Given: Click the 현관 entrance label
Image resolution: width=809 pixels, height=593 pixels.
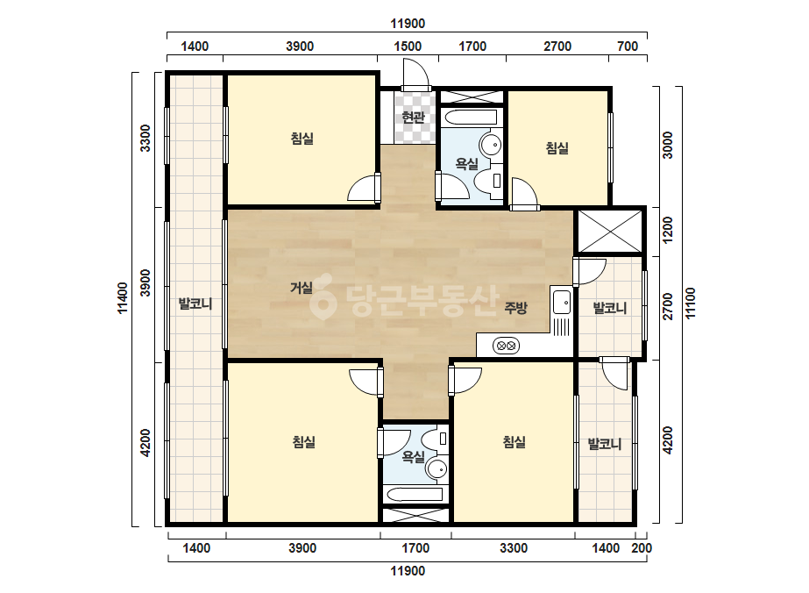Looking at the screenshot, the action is tap(413, 118).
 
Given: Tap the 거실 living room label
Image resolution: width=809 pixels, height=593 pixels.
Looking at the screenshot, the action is tap(302, 288).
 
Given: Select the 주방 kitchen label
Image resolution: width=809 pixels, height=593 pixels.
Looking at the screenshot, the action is tap(515, 309).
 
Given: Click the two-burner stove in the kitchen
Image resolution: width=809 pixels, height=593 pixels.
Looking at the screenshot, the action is tap(506, 346).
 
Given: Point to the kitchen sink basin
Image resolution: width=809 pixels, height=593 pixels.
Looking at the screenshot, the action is tap(561, 302).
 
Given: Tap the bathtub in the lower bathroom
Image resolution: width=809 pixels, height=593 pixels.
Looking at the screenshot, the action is tap(415, 494).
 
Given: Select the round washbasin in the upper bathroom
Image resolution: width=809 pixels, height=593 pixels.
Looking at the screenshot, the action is tap(491, 144).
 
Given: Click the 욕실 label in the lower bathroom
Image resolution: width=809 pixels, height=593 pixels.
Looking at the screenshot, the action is tap(414, 457).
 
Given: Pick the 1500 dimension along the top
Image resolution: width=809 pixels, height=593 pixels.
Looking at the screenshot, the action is tap(408, 46).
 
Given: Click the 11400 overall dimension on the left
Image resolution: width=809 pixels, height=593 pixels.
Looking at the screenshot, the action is tap(123, 298).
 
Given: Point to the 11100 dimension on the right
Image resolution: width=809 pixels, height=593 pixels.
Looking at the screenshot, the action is tap(691, 304).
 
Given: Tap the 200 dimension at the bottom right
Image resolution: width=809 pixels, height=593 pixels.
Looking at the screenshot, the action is tap(642, 548).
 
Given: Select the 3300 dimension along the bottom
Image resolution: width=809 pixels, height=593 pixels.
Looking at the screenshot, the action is tap(514, 548).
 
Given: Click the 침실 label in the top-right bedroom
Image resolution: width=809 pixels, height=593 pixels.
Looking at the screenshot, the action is tap(557, 148).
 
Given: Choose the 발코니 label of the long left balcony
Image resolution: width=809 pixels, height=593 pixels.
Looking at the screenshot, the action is tap(195, 304).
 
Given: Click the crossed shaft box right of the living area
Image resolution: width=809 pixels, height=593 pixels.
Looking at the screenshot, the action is tap(609, 231).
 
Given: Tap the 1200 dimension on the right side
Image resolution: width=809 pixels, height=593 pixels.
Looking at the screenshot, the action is tap(668, 230).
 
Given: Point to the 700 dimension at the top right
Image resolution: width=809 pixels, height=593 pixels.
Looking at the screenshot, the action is tap(628, 46).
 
